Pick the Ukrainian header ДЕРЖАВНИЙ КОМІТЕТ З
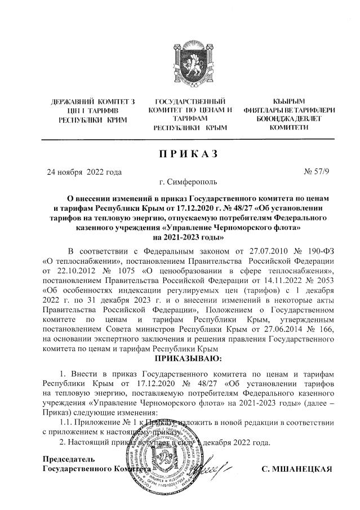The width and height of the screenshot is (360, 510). pyautogui.click(x=93, y=102)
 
